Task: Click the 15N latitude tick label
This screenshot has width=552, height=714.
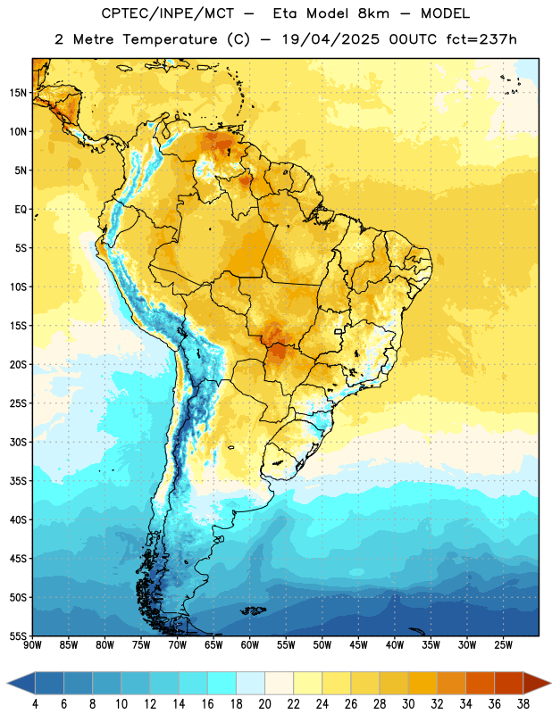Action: (x=18, y=93)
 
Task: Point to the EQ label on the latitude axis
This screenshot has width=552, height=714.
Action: (x=21, y=210)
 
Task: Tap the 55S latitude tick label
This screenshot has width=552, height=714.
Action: (x=18, y=635)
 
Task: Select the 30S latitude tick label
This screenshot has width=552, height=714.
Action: (x=18, y=442)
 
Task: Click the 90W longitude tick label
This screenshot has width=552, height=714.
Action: (x=33, y=644)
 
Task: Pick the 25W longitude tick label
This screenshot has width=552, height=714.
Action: (x=504, y=644)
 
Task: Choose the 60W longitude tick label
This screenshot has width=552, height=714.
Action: (x=250, y=644)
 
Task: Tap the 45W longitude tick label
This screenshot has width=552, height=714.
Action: (x=359, y=644)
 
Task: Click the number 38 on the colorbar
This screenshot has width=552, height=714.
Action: (x=523, y=704)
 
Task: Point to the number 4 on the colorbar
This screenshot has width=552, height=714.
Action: (x=35, y=704)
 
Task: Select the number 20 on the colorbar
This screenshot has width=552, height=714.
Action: (x=264, y=704)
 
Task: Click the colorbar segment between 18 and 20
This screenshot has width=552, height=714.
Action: (x=250, y=683)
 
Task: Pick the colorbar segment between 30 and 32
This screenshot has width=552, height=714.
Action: (x=422, y=683)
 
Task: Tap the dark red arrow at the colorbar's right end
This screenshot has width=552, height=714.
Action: (x=536, y=683)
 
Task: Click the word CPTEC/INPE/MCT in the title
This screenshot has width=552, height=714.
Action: (x=167, y=13)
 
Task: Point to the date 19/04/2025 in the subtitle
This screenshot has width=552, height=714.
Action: (x=330, y=39)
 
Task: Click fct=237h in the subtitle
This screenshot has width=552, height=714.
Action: (x=481, y=39)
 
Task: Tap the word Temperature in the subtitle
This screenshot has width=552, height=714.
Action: (x=170, y=39)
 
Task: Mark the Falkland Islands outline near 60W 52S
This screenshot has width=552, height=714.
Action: (x=253, y=610)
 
